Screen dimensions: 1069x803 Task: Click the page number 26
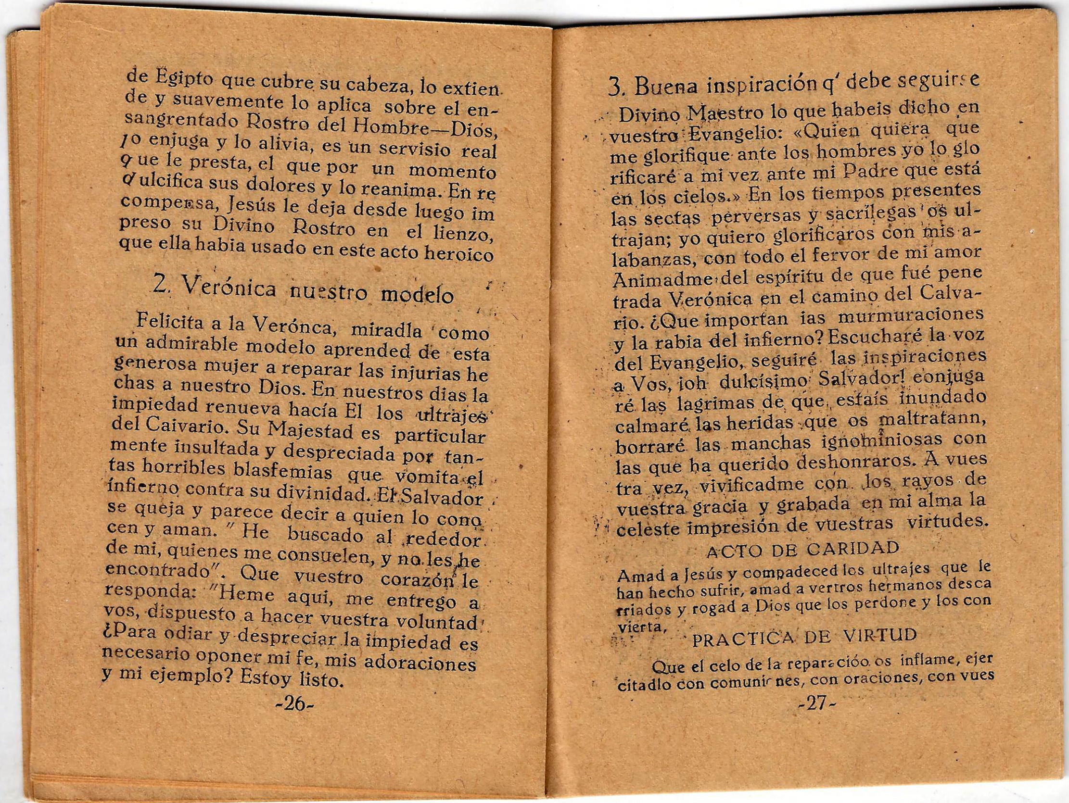coord(294,704)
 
